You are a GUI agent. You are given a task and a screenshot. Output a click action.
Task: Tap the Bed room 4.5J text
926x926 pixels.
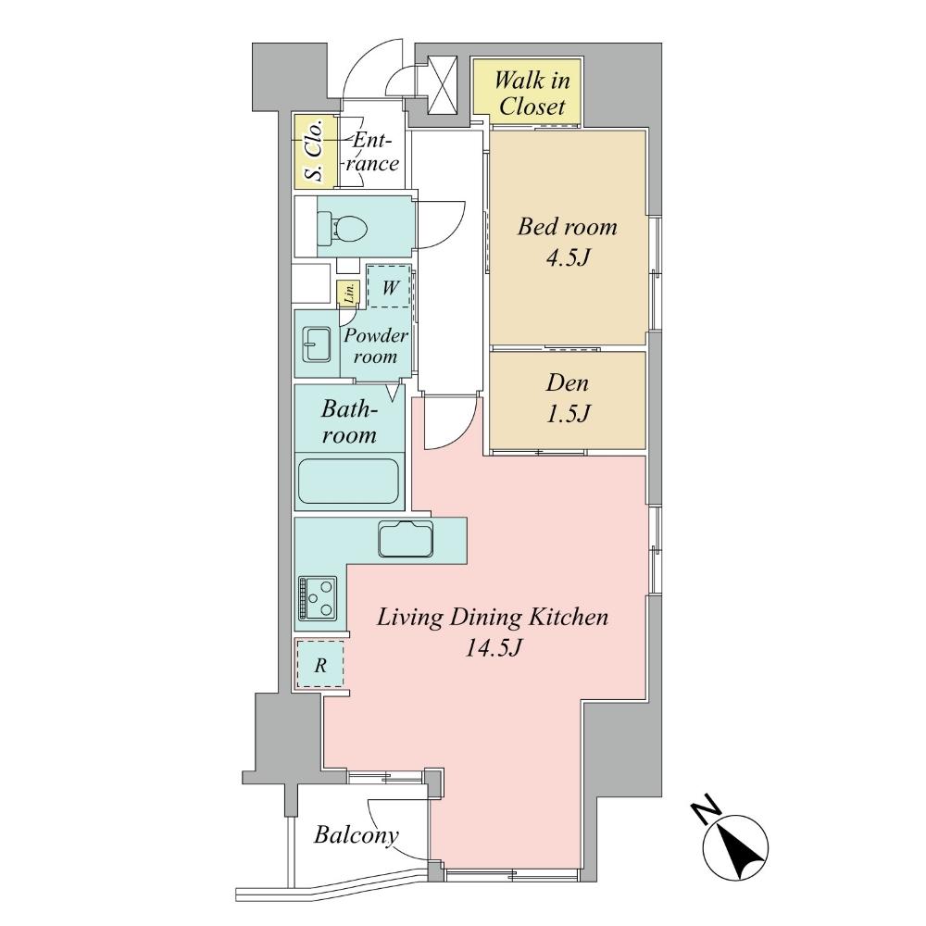tap(567, 241)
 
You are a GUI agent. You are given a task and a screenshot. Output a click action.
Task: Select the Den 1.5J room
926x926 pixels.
tap(567, 398)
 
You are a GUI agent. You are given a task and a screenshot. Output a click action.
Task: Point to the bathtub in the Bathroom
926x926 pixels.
tap(349, 481)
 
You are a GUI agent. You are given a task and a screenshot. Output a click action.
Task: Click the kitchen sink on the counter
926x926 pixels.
tap(406, 539)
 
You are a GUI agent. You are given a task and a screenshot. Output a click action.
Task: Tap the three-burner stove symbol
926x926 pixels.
tap(318, 598)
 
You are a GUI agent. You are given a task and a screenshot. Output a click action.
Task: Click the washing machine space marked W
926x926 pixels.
tap(390, 288)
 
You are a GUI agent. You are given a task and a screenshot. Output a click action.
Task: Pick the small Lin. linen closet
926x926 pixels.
tap(349, 294)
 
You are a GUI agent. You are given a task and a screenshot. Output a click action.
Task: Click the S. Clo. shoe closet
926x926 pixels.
tap(313, 151)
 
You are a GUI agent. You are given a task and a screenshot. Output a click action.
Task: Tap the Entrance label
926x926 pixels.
tap(375, 152)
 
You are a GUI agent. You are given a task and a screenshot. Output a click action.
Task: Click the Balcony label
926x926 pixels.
tap(356, 834)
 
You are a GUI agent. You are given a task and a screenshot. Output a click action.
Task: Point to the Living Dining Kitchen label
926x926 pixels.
tap(492, 617)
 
